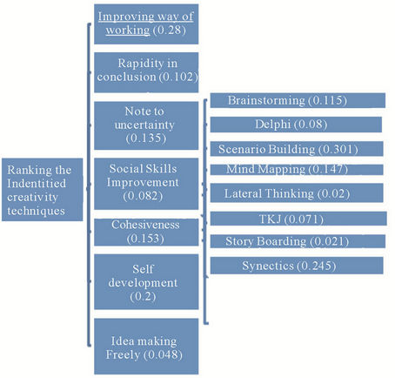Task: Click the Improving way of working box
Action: (146, 24)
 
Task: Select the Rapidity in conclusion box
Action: (146, 72)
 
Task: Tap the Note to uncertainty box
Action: (146, 125)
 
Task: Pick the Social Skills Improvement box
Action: (146, 184)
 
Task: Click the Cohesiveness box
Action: (146, 233)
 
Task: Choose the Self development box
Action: (146, 281)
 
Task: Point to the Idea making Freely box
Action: (146, 347)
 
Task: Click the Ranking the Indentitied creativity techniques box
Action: (43, 190)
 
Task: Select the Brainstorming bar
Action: (298, 100)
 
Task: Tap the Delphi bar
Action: (296, 125)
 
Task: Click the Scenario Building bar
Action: (297, 149)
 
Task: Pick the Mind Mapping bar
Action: (297, 170)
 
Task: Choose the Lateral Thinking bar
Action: (297, 193)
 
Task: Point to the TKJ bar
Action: (298, 219)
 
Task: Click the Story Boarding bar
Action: (298, 241)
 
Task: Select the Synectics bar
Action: (297, 266)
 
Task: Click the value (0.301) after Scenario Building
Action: (338, 149)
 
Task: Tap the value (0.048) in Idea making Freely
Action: (163, 354)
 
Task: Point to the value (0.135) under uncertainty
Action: (146, 138)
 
